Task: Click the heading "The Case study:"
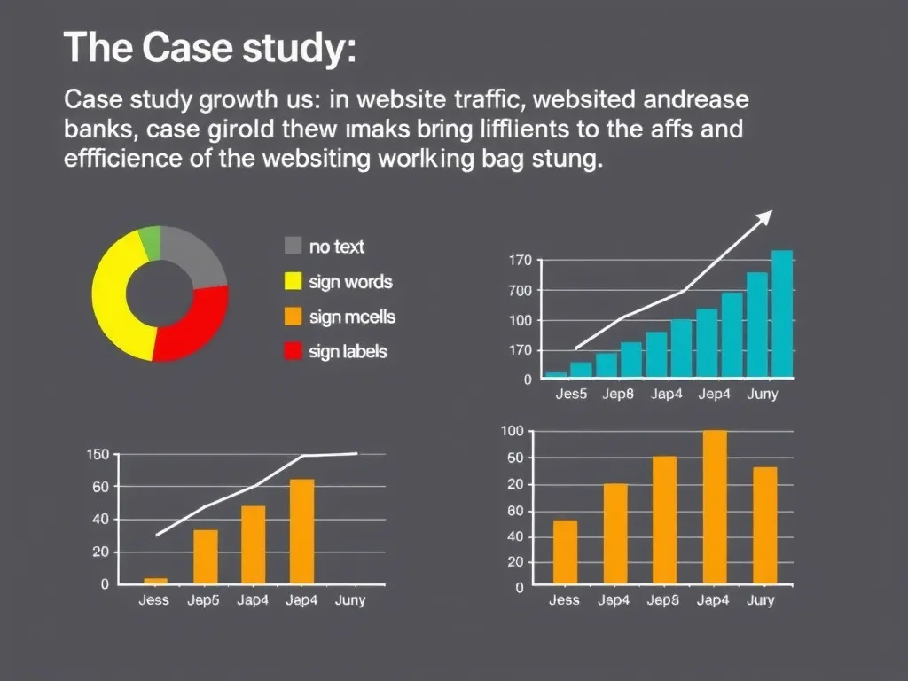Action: [x=210, y=49]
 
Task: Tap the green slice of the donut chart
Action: [x=150, y=243]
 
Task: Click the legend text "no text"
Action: [x=336, y=247]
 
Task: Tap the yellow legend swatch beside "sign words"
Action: [x=293, y=282]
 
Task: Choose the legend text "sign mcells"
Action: [x=352, y=317]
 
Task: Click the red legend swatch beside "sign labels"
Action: [x=293, y=351]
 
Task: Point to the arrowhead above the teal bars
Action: [x=763, y=217]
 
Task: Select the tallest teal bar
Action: [x=781, y=314]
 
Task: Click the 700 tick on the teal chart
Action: [x=521, y=291]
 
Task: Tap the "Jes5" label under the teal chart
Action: [x=571, y=394]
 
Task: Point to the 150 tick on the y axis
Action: [x=98, y=455]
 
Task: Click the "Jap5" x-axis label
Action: [x=203, y=600]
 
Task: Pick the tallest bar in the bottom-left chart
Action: [x=301, y=531]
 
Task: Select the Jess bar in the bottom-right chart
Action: [x=565, y=552]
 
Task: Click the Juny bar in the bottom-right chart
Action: [x=764, y=525]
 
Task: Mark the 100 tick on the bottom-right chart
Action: [x=512, y=432]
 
